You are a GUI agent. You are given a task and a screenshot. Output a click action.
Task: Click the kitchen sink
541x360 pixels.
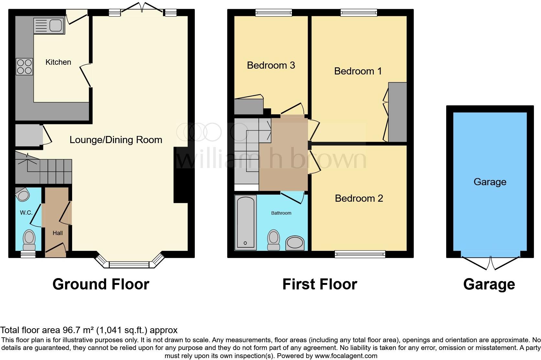pyautogui.click(x=49, y=26)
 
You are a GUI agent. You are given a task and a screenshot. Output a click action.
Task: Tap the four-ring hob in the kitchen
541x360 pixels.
pyautogui.click(x=24, y=66)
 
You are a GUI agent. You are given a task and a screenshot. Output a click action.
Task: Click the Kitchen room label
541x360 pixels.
pyautogui.click(x=58, y=62)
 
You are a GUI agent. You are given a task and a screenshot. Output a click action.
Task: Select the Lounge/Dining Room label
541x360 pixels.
pyautogui.click(x=116, y=140)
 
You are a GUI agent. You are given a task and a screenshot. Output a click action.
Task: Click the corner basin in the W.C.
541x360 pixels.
pyautogui.click(x=22, y=194)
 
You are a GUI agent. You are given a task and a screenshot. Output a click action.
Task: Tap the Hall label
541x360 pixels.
pyautogui.click(x=58, y=233)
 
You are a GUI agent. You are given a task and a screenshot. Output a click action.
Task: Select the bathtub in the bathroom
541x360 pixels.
pyautogui.click(x=245, y=222)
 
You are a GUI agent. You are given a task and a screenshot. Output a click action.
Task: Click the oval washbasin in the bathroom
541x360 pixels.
pyautogui.click(x=295, y=243)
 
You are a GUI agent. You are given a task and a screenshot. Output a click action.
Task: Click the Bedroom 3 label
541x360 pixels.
pyautogui.click(x=271, y=65)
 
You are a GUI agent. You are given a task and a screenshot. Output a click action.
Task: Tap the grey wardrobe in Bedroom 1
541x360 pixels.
pyautogui.click(x=397, y=112)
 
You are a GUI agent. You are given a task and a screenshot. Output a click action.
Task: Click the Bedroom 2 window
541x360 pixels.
pyautogui.click(x=360, y=254)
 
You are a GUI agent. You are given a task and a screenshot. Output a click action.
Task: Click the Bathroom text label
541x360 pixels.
pyautogui.click(x=281, y=213)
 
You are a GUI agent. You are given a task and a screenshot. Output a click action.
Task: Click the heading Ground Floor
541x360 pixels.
pyautogui.click(x=101, y=284)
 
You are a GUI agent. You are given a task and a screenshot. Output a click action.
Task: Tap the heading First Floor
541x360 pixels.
pyautogui.click(x=320, y=284)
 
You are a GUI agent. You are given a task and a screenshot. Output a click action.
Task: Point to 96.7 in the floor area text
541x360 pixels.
pyautogui.click(x=70, y=330)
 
